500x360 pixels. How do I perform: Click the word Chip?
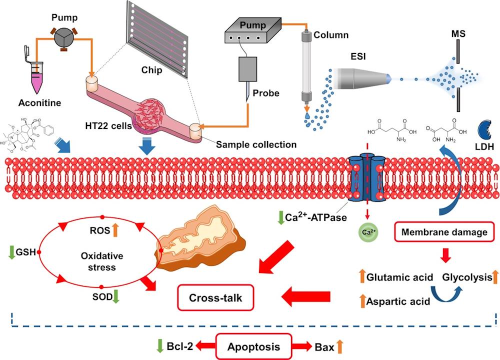(x=151, y=70)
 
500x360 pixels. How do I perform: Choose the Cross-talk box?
(x=215, y=297)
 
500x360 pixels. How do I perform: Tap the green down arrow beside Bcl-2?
(x=160, y=345)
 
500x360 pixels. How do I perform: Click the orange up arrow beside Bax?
(x=340, y=345)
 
